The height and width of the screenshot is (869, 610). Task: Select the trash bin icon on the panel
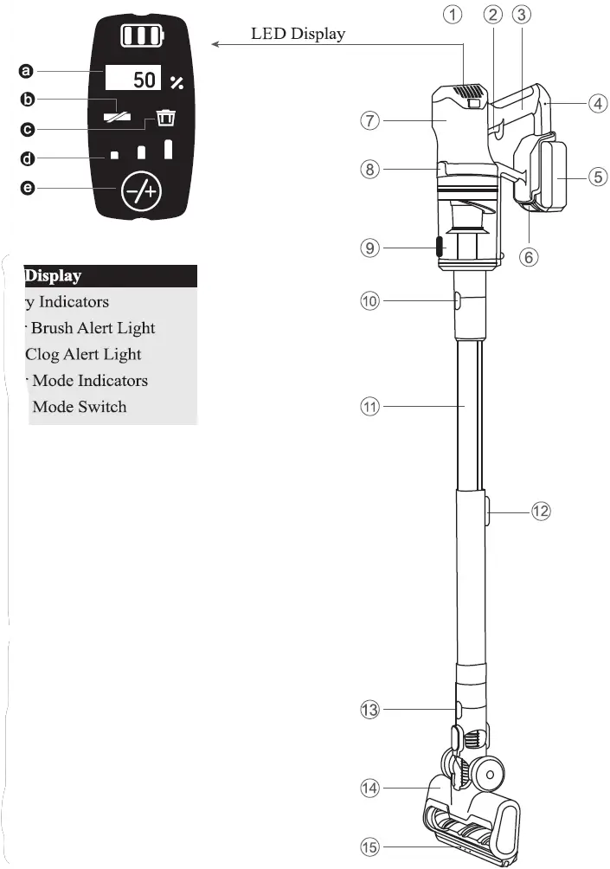tap(164, 119)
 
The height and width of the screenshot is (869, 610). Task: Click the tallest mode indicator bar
tap(170, 148)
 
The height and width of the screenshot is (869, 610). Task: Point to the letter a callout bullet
tap(27, 71)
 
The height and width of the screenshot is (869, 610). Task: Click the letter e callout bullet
tap(27, 188)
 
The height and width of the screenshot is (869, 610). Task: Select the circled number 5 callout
tap(598, 176)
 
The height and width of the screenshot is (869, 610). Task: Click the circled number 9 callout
tap(370, 248)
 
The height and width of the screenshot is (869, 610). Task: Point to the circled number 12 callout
tap(541, 511)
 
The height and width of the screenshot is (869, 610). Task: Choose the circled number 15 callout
tap(370, 846)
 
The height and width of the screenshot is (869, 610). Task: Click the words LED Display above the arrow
tap(298, 34)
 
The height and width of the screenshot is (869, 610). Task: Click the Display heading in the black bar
tap(53, 276)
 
